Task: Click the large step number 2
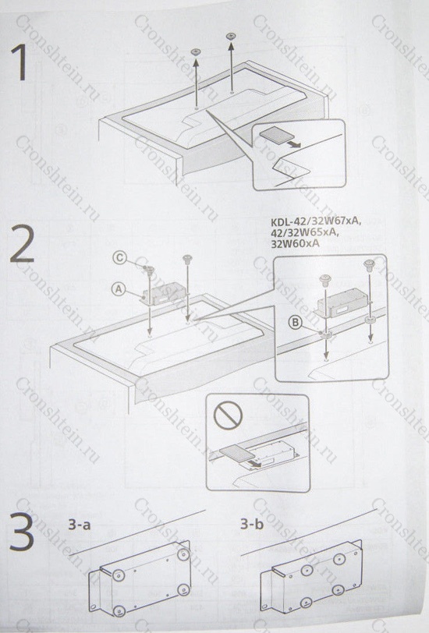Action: (22, 243)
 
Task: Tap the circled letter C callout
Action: (119, 258)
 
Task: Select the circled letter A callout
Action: (119, 289)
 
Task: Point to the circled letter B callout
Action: (296, 323)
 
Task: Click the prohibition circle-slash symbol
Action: (228, 416)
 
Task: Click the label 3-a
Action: (80, 525)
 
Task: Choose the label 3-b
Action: (252, 524)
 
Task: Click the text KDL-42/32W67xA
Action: (317, 222)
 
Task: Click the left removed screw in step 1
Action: (197, 51)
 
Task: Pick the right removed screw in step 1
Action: (231, 37)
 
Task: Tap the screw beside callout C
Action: (150, 270)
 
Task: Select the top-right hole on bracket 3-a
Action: (183, 554)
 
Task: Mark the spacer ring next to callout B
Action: (325, 334)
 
